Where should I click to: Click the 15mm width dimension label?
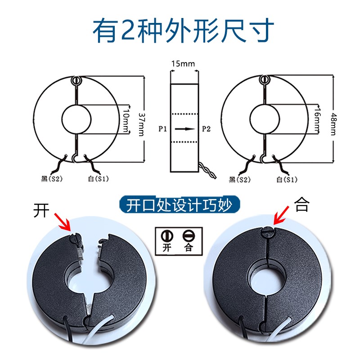183,64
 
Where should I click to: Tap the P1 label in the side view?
163,129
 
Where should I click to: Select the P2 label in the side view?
206,129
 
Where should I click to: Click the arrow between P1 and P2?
183,129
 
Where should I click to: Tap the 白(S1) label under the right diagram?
287,180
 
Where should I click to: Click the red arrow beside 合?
281,214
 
